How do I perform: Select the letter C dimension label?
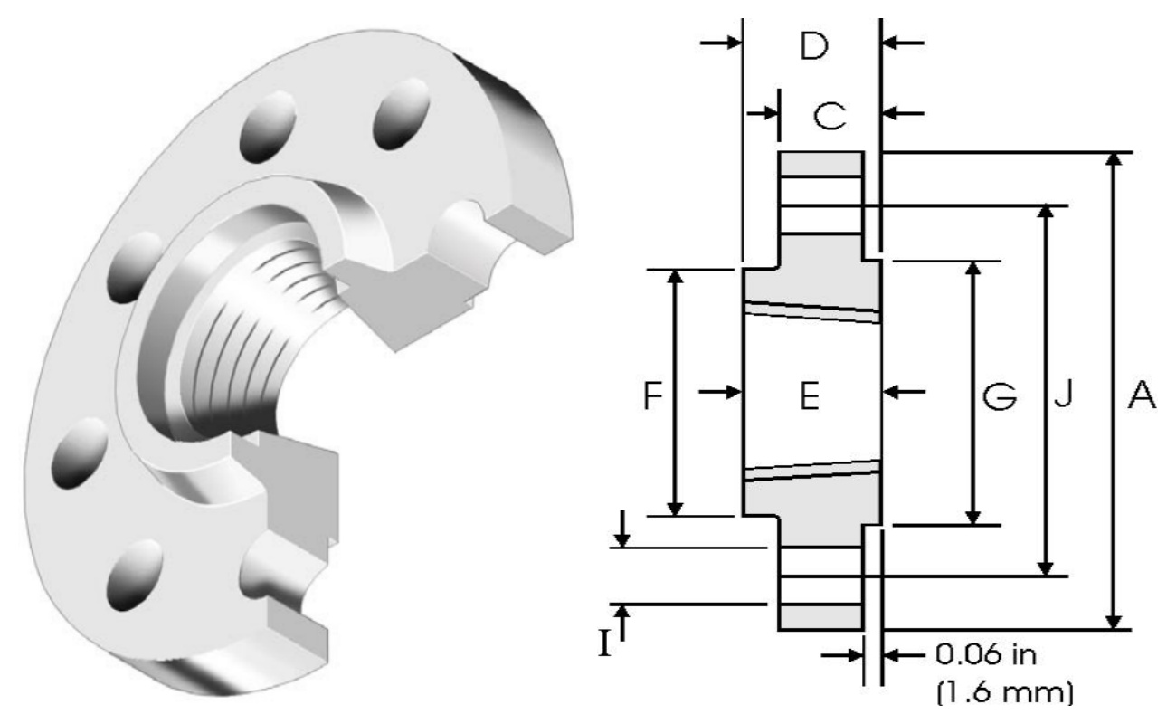click(829, 114)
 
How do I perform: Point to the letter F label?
click(653, 396)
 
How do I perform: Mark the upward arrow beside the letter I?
click(621, 617)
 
